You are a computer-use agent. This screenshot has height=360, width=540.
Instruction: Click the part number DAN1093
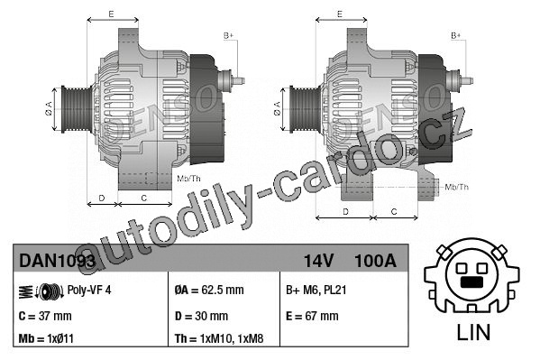coord(57,261)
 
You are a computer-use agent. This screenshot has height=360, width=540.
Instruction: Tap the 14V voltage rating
coord(318,261)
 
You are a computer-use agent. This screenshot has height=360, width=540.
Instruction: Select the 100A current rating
coord(375,261)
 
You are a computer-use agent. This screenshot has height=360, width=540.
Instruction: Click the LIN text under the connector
coord(473,332)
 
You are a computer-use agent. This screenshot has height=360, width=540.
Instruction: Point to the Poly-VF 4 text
coord(89,290)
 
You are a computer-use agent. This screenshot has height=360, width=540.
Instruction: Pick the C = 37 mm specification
coord(45,316)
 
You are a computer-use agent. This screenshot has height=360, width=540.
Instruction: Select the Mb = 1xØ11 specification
coord(46,338)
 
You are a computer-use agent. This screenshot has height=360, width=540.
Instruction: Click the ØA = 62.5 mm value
coord(209,290)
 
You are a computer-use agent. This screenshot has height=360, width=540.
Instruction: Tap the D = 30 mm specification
coord(201,316)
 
